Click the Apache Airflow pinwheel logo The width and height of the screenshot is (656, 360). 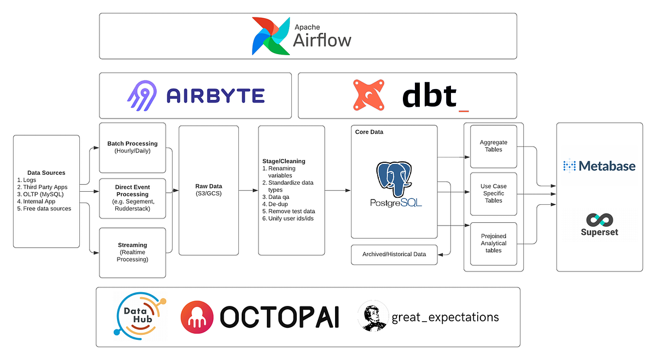click(x=271, y=36)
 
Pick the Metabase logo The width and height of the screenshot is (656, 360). click(x=599, y=166)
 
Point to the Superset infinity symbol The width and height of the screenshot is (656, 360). click(x=599, y=220)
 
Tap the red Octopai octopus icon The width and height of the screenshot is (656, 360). click(x=197, y=316)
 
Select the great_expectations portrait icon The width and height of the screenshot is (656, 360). click(x=375, y=317)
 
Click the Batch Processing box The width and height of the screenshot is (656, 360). click(x=132, y=147)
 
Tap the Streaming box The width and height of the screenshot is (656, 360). click(x=132, y=252)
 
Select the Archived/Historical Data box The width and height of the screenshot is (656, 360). click(x=394, y=255)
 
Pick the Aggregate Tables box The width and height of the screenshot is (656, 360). click(x=494, y=146)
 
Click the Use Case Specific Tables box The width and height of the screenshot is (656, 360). click(x=494, y=193)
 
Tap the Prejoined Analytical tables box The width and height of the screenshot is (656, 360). click(x=494, y=243)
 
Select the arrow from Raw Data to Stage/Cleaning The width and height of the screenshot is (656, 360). click(x=248, y=190)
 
